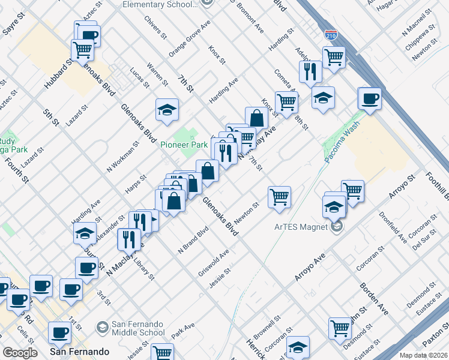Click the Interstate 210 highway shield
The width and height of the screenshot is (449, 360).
(x=331, y=35)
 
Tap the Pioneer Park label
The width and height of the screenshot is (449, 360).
(x=184, y=145)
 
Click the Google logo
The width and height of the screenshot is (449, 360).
(x=20, y=353)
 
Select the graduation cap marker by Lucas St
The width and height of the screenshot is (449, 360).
(x=167, y=109)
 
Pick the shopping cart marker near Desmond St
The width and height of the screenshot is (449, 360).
(x=340, y=328)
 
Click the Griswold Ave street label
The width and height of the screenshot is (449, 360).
(x=214, y=263)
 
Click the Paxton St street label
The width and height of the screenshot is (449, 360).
(x=435, y=333)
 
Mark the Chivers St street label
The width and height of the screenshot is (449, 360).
(x=156, y=27)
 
